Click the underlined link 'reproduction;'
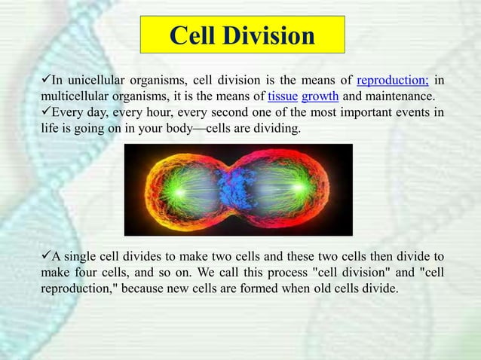tap(392, 81)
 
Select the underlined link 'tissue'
tap(283, 97)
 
